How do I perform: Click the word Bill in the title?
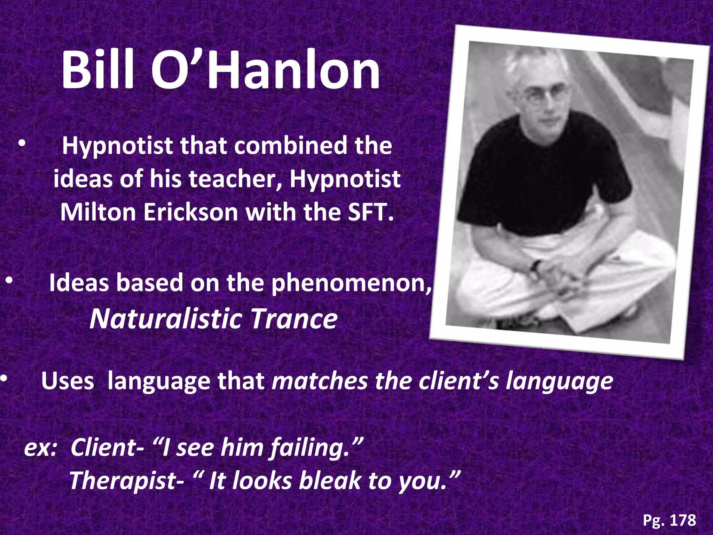[x=98, y=70]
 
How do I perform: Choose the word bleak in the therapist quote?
[x=329, y=481]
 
